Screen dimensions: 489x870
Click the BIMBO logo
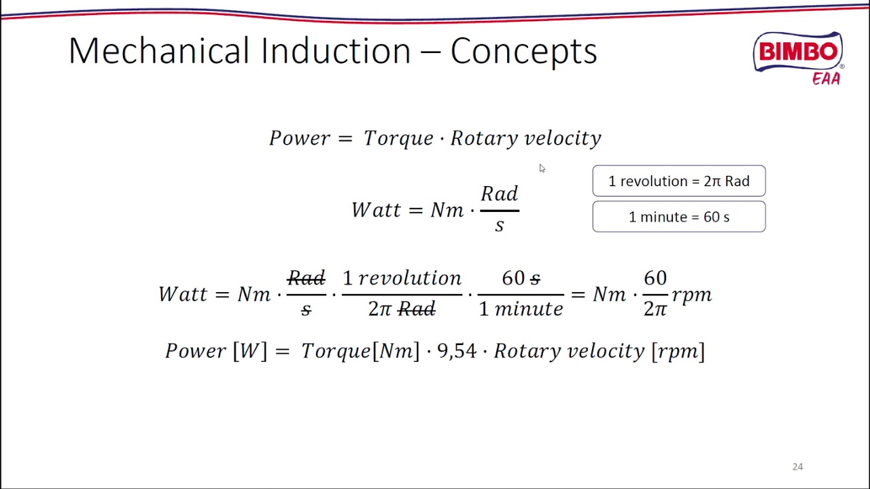click(798, 52)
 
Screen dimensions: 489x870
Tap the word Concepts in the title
click(523, 52)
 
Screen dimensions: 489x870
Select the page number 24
click(797, 467)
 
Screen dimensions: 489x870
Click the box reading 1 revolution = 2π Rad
click(678, 181)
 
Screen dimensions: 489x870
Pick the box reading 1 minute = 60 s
click(678, 217)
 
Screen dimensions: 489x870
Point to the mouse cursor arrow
click(542, 168)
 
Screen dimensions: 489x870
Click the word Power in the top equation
click(300, 139)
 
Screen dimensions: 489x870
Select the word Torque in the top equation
click(398, 139)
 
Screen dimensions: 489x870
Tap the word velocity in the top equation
click(563, 139)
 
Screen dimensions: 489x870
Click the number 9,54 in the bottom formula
click(456, 351)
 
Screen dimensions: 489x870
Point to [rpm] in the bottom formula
click(678, 351)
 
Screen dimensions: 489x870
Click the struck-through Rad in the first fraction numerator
click(306, 278)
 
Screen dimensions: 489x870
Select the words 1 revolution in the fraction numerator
click(402, 278)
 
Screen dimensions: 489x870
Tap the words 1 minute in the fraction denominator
click(521, 309)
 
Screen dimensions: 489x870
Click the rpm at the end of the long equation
click(692, 295)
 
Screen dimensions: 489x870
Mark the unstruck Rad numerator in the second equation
click(500, 194)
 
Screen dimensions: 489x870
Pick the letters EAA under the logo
click(826, 79)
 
